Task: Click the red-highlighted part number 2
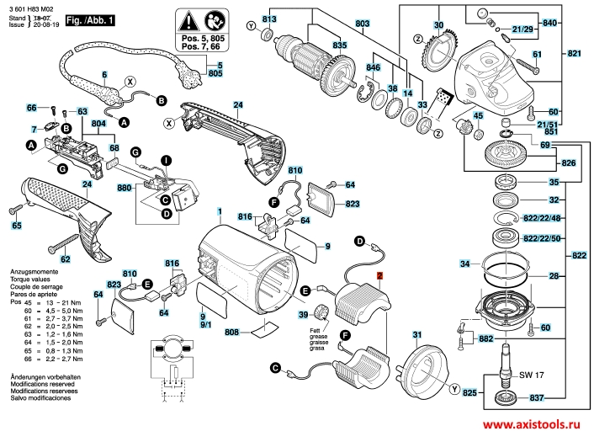379,276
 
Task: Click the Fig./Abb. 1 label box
90,18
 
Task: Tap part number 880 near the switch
125,189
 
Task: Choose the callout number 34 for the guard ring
464,264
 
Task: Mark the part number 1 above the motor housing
220,210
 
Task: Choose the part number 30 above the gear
438,26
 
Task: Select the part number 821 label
574,54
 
